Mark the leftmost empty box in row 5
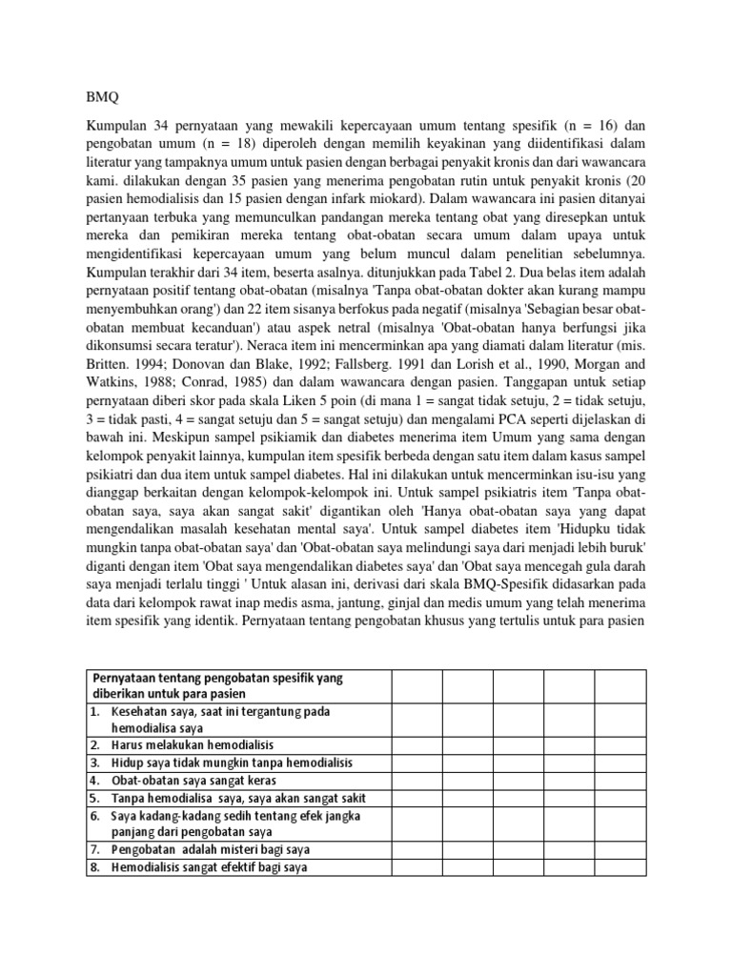(x=417, y=798)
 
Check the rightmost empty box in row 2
(x=620, y=743)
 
